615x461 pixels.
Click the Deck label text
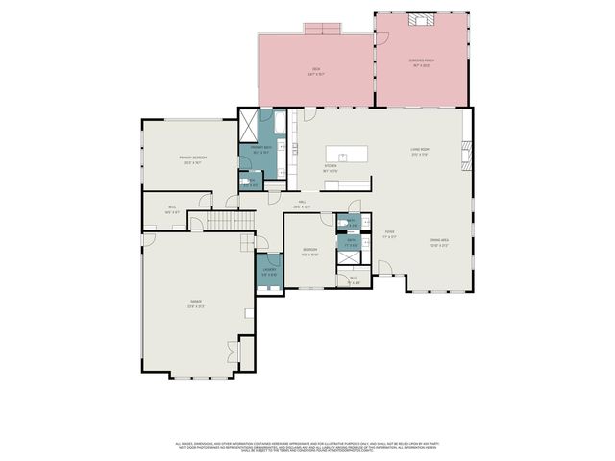click(x=315, y=69)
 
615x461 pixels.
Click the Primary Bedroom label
click(x=194, y=158)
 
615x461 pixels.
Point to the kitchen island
click(x=349, y=154)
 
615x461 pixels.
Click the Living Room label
click(x=420, y=151)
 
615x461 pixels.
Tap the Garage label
click(x=196, y=306)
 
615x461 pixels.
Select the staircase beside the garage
click(x=231, y=223)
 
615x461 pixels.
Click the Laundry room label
click(x=270, y=271)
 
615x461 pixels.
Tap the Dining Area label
click(x=440, y=243)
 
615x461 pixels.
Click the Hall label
click(x=301, y=204)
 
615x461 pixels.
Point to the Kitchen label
click(x=330, y=168)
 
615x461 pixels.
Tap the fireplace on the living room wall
click(x=468, y=154)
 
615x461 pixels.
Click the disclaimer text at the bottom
click(x=307, y=447)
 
